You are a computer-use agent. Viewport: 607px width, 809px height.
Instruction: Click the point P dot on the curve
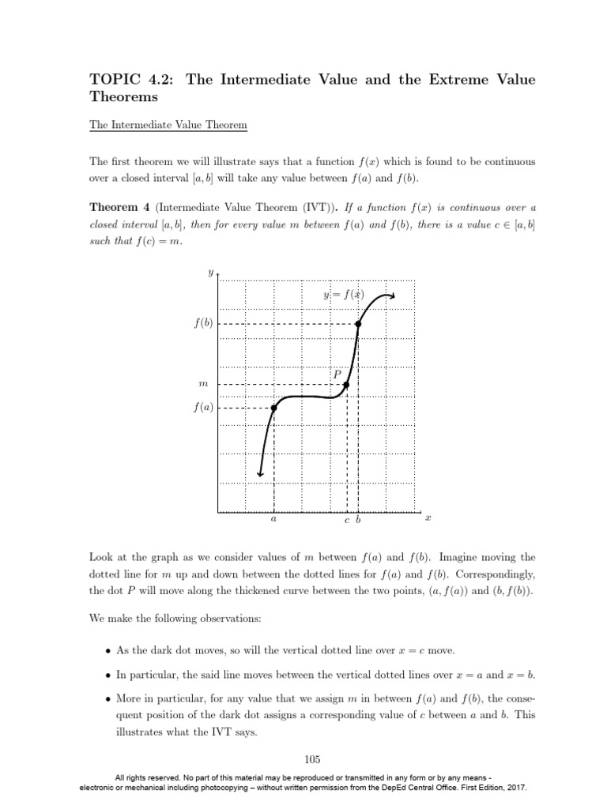coord(346,385)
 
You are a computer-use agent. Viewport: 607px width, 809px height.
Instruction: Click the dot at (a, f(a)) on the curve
coord(273,408)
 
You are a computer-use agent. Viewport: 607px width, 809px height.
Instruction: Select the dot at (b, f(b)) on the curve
coord(358,324)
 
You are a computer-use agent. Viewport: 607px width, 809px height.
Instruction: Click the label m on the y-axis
coord(202,385)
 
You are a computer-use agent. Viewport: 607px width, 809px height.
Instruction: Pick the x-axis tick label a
coord(273,521)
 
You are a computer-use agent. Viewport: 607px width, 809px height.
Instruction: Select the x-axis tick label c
coord(346,521)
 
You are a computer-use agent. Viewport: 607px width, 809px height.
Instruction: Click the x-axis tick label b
coord(358,521)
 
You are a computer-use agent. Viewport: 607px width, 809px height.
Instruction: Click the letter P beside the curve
coord(337,374)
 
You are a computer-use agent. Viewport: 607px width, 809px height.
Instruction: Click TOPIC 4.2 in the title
coord(126,81)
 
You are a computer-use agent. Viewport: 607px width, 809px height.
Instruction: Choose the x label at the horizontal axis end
coord(428,519)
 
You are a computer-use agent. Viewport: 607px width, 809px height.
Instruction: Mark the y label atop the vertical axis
coord(209,273)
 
